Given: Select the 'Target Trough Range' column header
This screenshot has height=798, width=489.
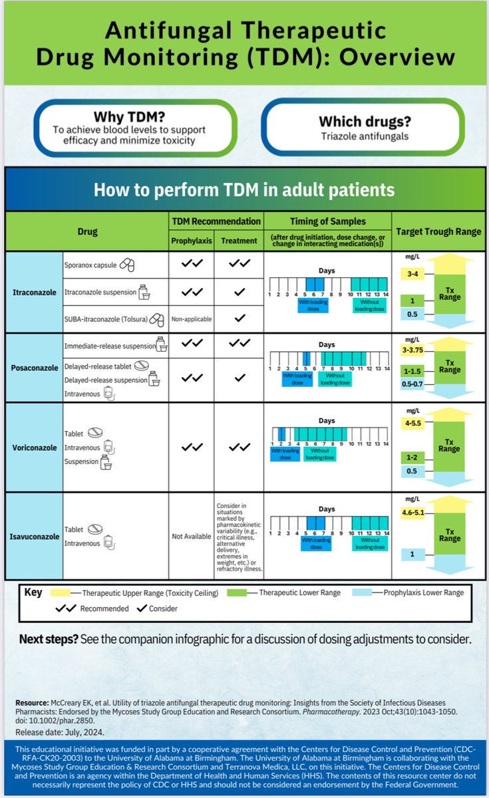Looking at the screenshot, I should [438, 231].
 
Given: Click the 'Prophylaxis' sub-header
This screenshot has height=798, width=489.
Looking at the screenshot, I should [191, 241].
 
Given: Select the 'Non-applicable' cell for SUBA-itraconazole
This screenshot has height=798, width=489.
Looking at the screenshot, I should [191, 319].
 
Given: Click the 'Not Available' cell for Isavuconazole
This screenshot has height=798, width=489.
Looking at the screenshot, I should [191, 536].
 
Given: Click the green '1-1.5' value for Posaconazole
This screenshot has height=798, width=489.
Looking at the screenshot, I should [412, 371].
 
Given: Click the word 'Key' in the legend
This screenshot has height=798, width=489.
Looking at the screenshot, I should [33, 591].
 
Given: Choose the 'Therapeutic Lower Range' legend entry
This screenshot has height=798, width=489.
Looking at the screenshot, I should [299, 593].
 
